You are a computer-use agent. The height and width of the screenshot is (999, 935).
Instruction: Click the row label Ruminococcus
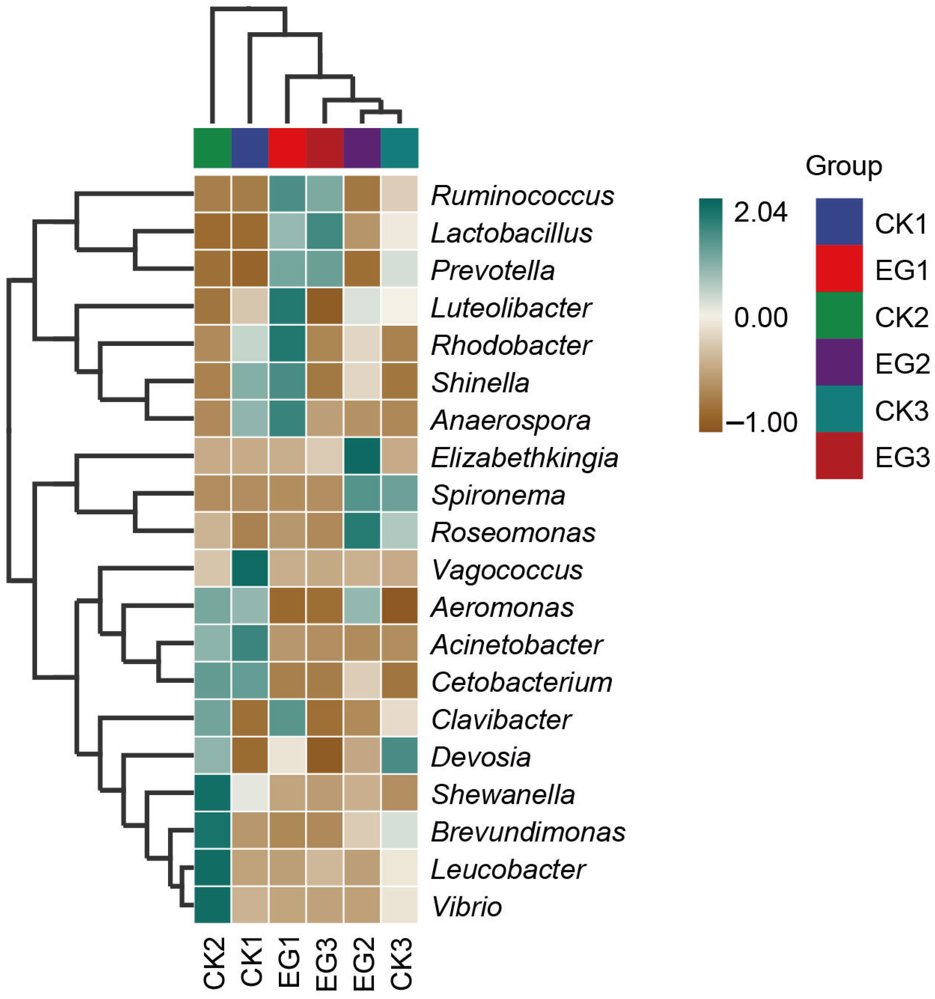[522, 195]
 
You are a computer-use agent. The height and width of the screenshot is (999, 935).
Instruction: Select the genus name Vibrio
[466, 907]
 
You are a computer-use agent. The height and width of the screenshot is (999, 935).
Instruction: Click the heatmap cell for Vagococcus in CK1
[250, 570]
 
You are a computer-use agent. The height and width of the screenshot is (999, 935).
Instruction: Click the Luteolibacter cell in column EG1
[287, 307]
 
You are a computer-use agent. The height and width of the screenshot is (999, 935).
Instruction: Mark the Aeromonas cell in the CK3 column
[399, 607]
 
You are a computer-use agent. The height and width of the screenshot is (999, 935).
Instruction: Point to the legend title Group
[844, 166]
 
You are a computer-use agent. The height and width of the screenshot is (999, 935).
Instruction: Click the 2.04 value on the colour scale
[760, 213]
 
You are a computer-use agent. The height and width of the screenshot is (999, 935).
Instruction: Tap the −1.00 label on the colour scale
[762, 422]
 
